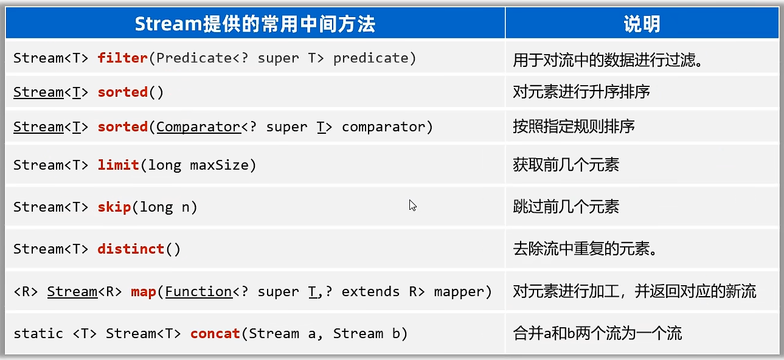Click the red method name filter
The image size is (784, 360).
click(122, 58)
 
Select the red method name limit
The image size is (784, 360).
click(119, 165)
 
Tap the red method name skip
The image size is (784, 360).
click(114, 207)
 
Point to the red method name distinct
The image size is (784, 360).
click(131, 249)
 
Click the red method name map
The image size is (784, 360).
click(144, 292)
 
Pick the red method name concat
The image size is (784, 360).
click(215, 333)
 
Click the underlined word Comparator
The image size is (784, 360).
click(198, 126)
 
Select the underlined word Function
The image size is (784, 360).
click(198, 291)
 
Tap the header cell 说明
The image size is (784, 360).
click(642, 24)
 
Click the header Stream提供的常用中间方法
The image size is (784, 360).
click(255, 24)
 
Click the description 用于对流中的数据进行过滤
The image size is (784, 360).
click(608, 60)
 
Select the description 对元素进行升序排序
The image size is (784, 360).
click(581, 92)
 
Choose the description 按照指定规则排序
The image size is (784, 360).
click(574, 126)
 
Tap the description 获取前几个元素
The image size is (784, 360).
click(566, 165)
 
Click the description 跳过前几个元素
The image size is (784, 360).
click(566, 207)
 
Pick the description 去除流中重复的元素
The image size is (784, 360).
click(585, 249)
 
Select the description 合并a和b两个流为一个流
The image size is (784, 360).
click(597, 333)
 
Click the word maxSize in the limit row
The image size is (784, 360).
click(219, 165)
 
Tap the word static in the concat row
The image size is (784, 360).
click(38, 333)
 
